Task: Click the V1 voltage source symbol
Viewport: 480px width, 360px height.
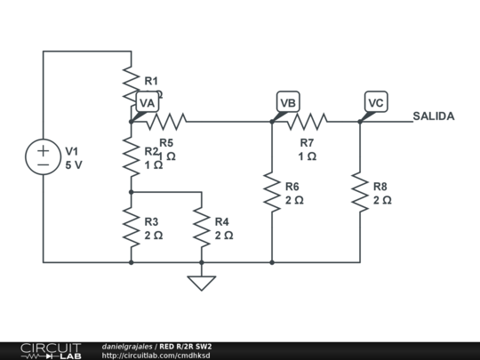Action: [43, 157]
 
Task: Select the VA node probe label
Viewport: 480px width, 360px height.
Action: [148, 103]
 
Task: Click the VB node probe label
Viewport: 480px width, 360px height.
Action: [287, 103]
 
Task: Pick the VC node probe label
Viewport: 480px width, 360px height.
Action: [375, 103]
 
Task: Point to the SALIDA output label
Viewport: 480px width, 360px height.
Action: [434, 116]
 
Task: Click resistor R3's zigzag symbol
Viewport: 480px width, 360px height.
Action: [131, 228]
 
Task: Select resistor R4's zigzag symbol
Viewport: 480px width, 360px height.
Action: [202, 228]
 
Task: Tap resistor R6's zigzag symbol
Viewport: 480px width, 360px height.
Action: [271, 192]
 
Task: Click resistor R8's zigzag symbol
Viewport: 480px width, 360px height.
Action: [359, 192]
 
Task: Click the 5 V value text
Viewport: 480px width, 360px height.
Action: [74, 165]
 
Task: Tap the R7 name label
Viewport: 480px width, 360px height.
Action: [307, 142]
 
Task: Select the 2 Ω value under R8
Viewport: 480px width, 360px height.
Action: [382, 200]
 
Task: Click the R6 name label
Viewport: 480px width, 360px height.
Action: [292, 187]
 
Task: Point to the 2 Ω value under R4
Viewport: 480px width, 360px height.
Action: [224, 236]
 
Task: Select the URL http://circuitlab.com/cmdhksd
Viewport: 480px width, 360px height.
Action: [156, 356]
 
